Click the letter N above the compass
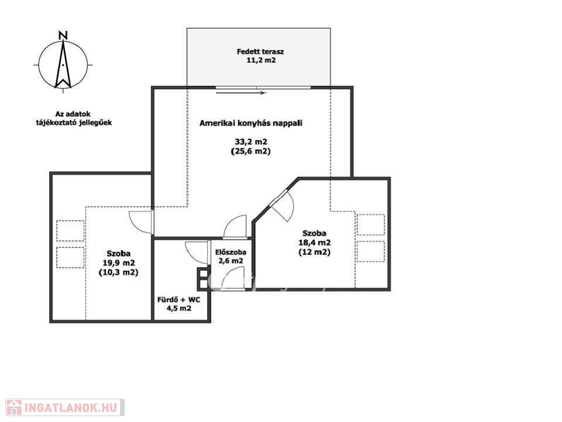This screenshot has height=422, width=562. pos(63,35)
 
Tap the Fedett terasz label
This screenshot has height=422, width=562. pos(260,52)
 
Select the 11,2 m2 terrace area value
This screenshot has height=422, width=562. pos(261,60)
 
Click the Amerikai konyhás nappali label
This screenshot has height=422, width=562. pos(251,123)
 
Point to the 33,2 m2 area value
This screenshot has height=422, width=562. pos(251,142)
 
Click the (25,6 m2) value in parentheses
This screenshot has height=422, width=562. pos(251,151)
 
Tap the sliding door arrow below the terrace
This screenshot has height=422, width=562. pos(241,93)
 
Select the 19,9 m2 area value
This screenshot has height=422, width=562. pos(119,263)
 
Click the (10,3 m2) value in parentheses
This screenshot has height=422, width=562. pos(118,273)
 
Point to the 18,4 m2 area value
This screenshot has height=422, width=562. pos(314,243)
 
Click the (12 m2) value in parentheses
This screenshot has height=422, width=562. pos(314,252)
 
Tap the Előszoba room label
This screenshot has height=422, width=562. pos(231,252)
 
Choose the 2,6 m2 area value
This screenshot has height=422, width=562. pos(231,261)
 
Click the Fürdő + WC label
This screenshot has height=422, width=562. pos(179,300)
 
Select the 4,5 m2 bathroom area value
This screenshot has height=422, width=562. pos(179,308)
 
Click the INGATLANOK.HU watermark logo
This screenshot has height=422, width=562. pos(65,408)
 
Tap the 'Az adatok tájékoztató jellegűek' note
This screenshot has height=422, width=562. pos(74,118)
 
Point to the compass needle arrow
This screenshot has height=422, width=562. pos(63,64)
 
